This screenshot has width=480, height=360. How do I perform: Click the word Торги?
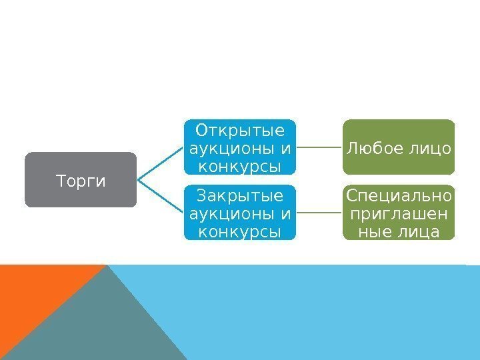tap(81, 181)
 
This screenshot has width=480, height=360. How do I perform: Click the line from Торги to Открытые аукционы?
tap(160, 163)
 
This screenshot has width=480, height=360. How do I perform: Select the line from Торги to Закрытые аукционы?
tap(160, 196)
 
